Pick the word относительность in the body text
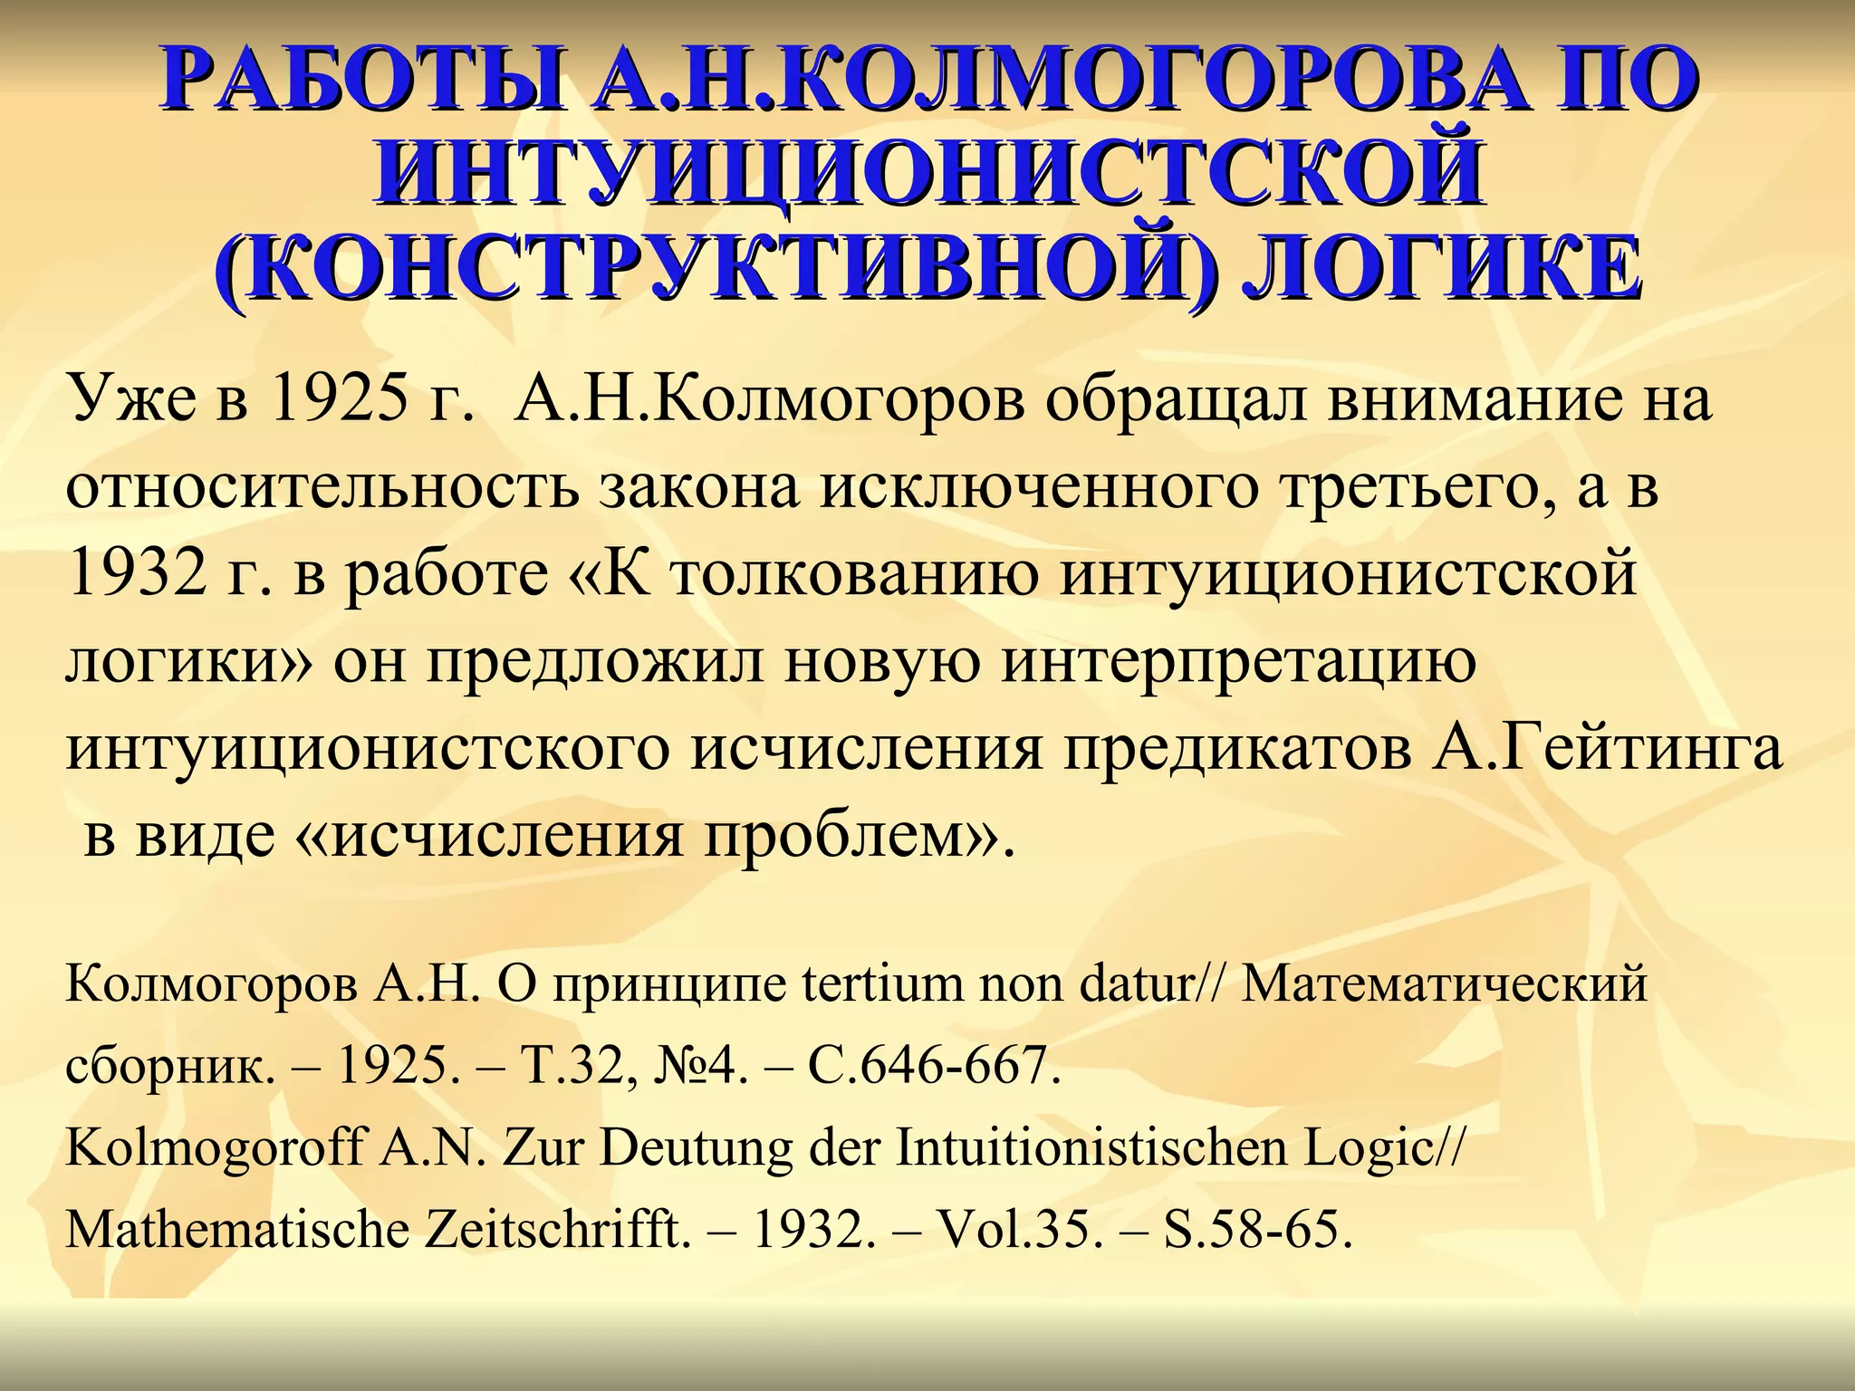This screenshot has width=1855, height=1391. coord(322,487)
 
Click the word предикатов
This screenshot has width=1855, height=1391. coord(1235,750)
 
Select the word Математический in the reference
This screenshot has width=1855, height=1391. coord(1444,984)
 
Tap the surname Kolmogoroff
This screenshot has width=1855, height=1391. coord(214,1148)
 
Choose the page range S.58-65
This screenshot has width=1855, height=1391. coord(1258,1231)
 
